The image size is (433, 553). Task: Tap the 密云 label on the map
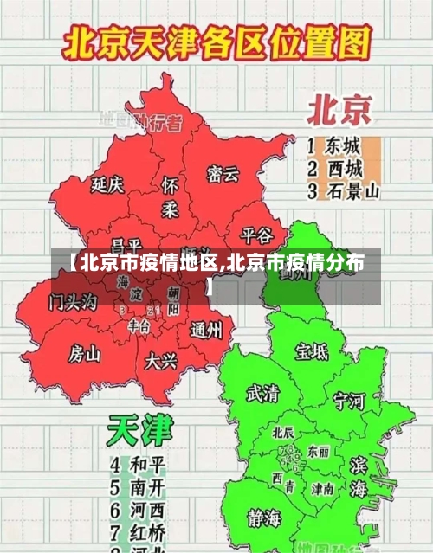click(x=223, y=174)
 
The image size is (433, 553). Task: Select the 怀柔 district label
click(x=171, y=197)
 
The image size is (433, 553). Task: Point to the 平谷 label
click(x=255, y=235)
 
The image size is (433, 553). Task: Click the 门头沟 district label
click(x=74, y=300)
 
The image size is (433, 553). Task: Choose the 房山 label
click(x=85, y=353)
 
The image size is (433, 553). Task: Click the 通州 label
click(x=206, y=330)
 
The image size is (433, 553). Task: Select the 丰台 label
click(x=139, y=325)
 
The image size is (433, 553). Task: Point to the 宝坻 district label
click(x=312, y=351)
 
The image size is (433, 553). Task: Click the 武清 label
click(x=262, y=394)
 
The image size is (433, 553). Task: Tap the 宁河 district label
click(x=349, y=401)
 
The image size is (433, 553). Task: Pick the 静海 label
click(x=264, y=518)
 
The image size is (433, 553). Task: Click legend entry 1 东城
click(x=333, y=145)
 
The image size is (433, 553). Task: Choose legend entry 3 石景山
click(x=343, y=190)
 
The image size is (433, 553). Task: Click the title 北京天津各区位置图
click(x=216, y=42)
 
